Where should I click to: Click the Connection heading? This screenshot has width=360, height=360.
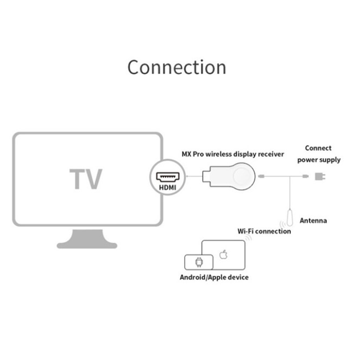(176, 67)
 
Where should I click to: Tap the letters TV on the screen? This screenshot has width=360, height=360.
(86, 179)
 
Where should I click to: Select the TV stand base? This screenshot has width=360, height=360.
(87, 244)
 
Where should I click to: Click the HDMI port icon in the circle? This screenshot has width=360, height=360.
(167, 175)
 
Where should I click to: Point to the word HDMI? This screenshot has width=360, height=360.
(167, 187)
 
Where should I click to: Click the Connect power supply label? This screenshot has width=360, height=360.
(318, 154)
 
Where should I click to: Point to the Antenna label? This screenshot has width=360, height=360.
(313, 220)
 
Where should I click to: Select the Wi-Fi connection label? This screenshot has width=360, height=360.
(264, 231)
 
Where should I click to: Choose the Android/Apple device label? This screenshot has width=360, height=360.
(214, 277)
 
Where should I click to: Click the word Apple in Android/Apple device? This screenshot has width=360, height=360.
(216, 277)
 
